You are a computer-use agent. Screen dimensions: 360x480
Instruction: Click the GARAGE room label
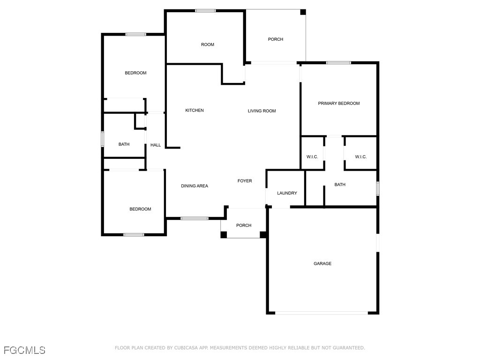pyautogui.click(x=322, y=264)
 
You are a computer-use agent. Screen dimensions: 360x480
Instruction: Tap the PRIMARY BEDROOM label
pyautogui.click(x=339, y=104)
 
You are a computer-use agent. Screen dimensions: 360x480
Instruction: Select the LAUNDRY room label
pyautogui.click(x=287, y=193)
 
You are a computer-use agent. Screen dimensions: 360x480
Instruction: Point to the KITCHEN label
pyautogui.click(x=195, y=111)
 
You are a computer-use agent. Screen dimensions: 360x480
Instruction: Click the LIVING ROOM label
pyautogui.click(x=262, y=111)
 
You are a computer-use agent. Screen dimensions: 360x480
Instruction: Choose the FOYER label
pyautogui.click(x=245, y=181)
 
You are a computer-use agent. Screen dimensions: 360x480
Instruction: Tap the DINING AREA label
pyautogui.click(x=195, y=186)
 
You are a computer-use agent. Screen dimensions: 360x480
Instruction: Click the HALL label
pyautogui.click(x=156, y=145)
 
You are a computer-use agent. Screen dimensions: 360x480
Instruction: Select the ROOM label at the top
pyautogui.click(x=208, y=45)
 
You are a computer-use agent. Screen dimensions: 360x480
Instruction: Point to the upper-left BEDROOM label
pyautogui.click(x=135, y=73)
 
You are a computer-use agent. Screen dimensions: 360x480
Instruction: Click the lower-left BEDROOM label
pyautogui.click(x=141, y=209)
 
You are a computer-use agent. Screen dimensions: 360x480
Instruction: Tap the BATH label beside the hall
pyautogui.click(x=124, y=144)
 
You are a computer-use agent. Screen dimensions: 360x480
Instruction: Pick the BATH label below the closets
pyautogui.click(x=340, y=185)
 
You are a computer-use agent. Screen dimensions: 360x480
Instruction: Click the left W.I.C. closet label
pyautogui.click(x=312, y=157)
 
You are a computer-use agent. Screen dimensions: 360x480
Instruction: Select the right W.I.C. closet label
pyautogui.click(x=361, y=157)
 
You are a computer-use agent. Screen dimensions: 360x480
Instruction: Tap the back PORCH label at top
pyautogui.click(x=276, y=39)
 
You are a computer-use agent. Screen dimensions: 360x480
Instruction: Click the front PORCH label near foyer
pyautogui.click(x=244, y=225)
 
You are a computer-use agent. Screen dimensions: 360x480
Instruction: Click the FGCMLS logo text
pyautogui.click(x=24, y=350)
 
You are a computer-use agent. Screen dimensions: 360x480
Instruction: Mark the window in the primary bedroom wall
pyautogui.click(x=338, y=62)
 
